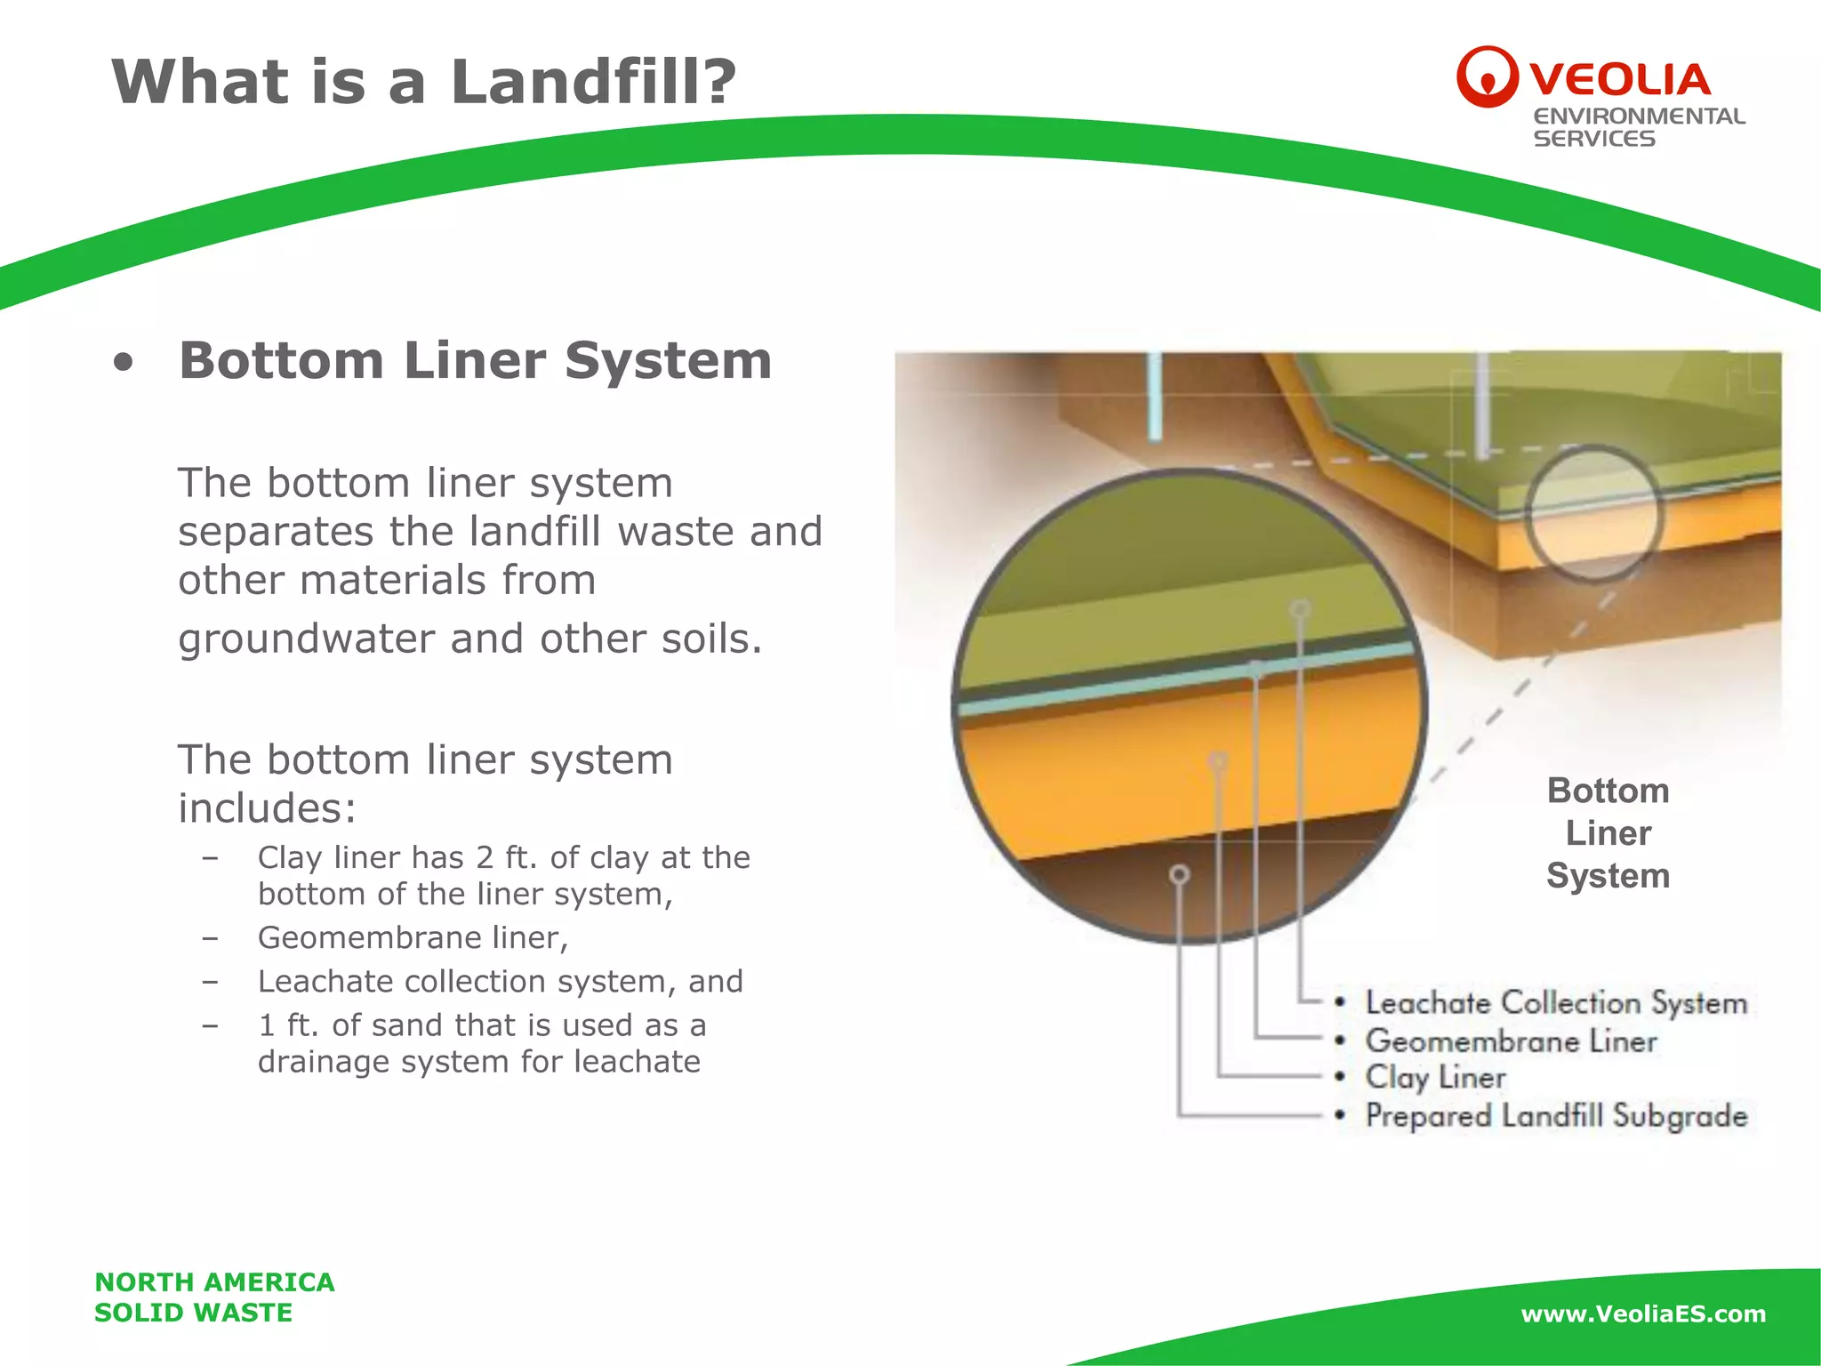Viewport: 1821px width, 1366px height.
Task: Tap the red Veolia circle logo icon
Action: point(1486,77)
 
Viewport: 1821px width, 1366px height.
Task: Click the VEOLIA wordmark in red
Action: point(1620,80)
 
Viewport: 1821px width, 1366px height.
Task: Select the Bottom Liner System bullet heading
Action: point(475,361)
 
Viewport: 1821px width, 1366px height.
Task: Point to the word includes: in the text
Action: point(267,808)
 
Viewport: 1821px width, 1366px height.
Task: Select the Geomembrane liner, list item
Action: point(413,937)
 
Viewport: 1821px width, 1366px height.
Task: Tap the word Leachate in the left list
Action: point(325,981)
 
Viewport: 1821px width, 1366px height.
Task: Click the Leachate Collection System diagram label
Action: point(1556,1003)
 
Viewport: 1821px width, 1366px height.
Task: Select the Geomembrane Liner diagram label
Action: point(1511,1041)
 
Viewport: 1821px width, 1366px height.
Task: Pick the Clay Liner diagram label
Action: point(1435,1078)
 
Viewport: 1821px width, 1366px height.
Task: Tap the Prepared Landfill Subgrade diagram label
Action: point(1556,1116)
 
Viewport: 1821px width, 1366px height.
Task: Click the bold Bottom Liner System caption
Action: point(1608,833)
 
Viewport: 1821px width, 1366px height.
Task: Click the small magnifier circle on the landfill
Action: point(1593,514)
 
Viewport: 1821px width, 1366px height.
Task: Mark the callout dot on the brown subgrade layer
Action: point(1179,875)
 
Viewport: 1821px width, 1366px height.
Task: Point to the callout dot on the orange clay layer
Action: point(1218,761)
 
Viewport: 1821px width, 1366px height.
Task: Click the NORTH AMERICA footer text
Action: point(214,1282)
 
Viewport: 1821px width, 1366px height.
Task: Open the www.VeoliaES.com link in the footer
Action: point(1643,1314)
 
